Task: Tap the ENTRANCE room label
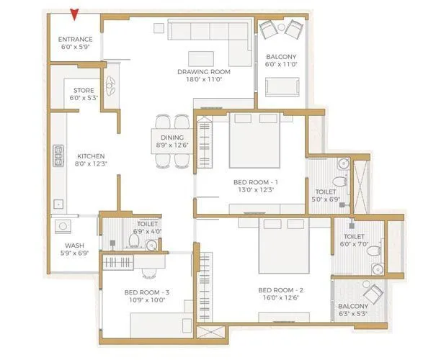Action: [x=76, y=40]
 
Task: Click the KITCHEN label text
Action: [x=92, y=156]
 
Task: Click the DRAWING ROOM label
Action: [x=204, y=72]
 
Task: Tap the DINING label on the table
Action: [x=172, y=138]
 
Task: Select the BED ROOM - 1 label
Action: [x=256, y=183]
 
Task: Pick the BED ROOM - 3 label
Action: [x=146, y=292]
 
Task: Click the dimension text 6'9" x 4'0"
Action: [x=147, y=231]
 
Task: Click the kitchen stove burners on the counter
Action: [x=57, y=156]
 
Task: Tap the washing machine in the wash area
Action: [x=63, y=226]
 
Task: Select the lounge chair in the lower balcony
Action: [x=373, y=294]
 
